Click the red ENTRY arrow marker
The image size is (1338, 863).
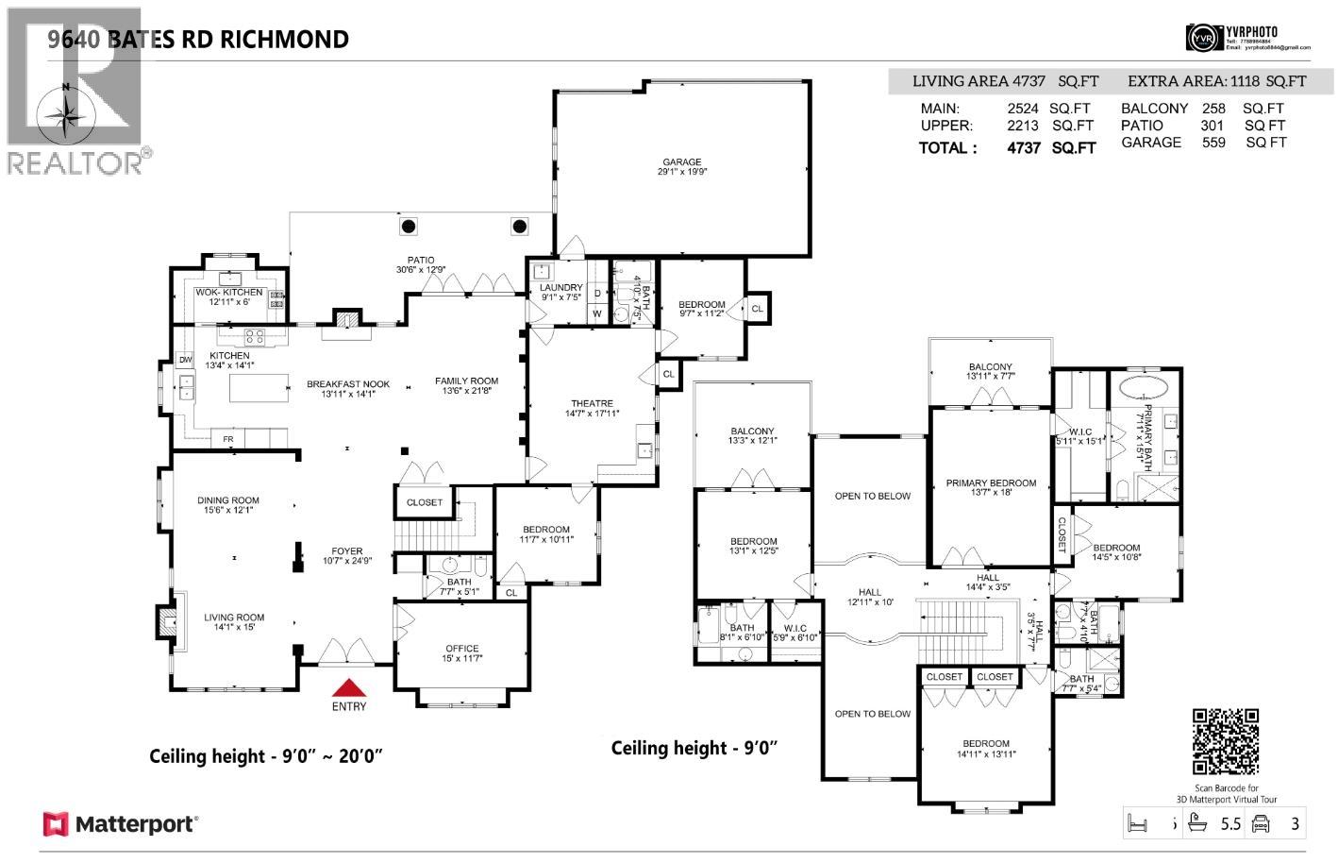coord(348,687)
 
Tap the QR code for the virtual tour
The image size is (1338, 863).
coord(1226,742)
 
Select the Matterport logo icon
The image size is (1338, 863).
coord(56,824)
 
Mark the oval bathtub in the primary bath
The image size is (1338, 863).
coord(1143,387)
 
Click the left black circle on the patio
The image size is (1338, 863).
coord(409,227)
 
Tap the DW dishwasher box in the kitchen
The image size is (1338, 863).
coord(185,361)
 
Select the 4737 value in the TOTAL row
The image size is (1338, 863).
coord(1024,148)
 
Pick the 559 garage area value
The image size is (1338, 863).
coord(1213,143)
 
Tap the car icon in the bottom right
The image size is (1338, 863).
coord(1260,823)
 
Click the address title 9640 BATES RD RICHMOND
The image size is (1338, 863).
coord(198,39)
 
